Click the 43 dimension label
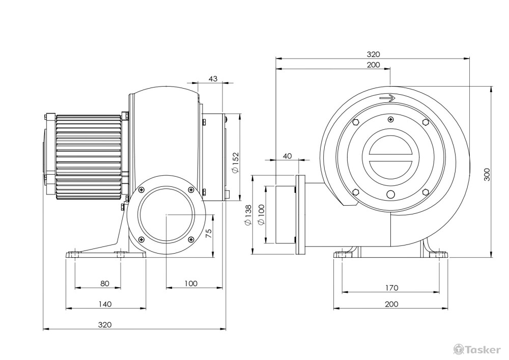point(213,78)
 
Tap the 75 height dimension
point(209,233)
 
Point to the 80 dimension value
point(105,284)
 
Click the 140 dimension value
point(105,304)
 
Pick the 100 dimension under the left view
point(191,284)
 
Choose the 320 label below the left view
point(105,325)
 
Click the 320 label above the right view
point(373,54)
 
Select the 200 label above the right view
point(373,65)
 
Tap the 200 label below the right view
point(391,304)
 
